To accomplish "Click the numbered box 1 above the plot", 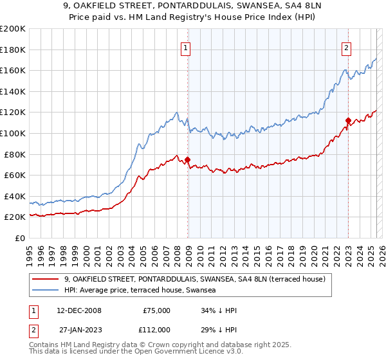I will pyautogui.click(x=185, y=47).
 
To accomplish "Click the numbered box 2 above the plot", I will pyautogui.click(x=346, y=47).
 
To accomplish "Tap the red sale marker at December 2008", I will pyautogui.click(x=188, y=159).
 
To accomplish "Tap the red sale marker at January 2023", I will pyautogui.click(x=348, y=120).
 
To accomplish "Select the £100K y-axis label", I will pyautogui.click(x=13, y=133).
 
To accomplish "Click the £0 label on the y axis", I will pyautogui.click(x=20, y=238).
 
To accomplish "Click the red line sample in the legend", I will pyautogui.click(x=46, y=279).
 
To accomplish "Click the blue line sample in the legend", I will pyautogui.click(x=46, y=290).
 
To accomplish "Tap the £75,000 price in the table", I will pyautogui.click(x=156, y=310).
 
